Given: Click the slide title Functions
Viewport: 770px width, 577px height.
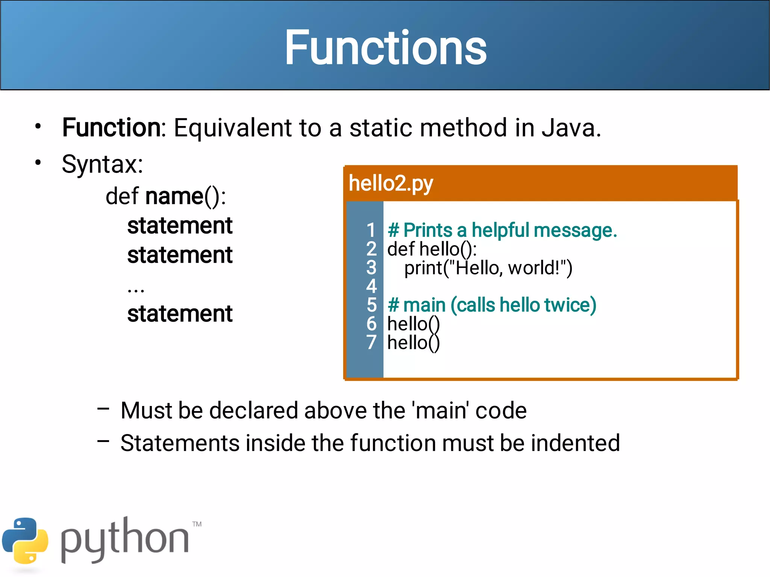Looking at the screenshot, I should coord(385,48).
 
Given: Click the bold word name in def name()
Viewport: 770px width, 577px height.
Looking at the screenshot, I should coord(174,196).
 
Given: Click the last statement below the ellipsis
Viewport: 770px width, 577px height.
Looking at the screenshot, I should coord(180,314).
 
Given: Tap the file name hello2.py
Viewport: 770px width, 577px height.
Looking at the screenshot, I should coord(391,183).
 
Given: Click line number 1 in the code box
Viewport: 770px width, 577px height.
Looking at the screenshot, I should coord(371,230).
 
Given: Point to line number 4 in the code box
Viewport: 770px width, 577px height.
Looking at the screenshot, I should coord(371,286).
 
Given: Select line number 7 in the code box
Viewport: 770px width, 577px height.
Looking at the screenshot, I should coord(371,342).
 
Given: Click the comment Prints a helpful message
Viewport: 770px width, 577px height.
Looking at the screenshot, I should coord(502,230).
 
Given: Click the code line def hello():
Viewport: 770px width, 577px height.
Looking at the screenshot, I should coord(432,249).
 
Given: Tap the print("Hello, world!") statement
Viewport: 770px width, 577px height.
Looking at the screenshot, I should coord(488,268).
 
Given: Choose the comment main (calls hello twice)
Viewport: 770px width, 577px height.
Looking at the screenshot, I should coord(492,305).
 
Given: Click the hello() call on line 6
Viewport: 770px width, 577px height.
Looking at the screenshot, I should coord(413,324).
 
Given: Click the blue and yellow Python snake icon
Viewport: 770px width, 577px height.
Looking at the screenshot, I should coord(25,541).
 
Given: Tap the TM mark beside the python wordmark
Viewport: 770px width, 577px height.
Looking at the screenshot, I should coord(197,524).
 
